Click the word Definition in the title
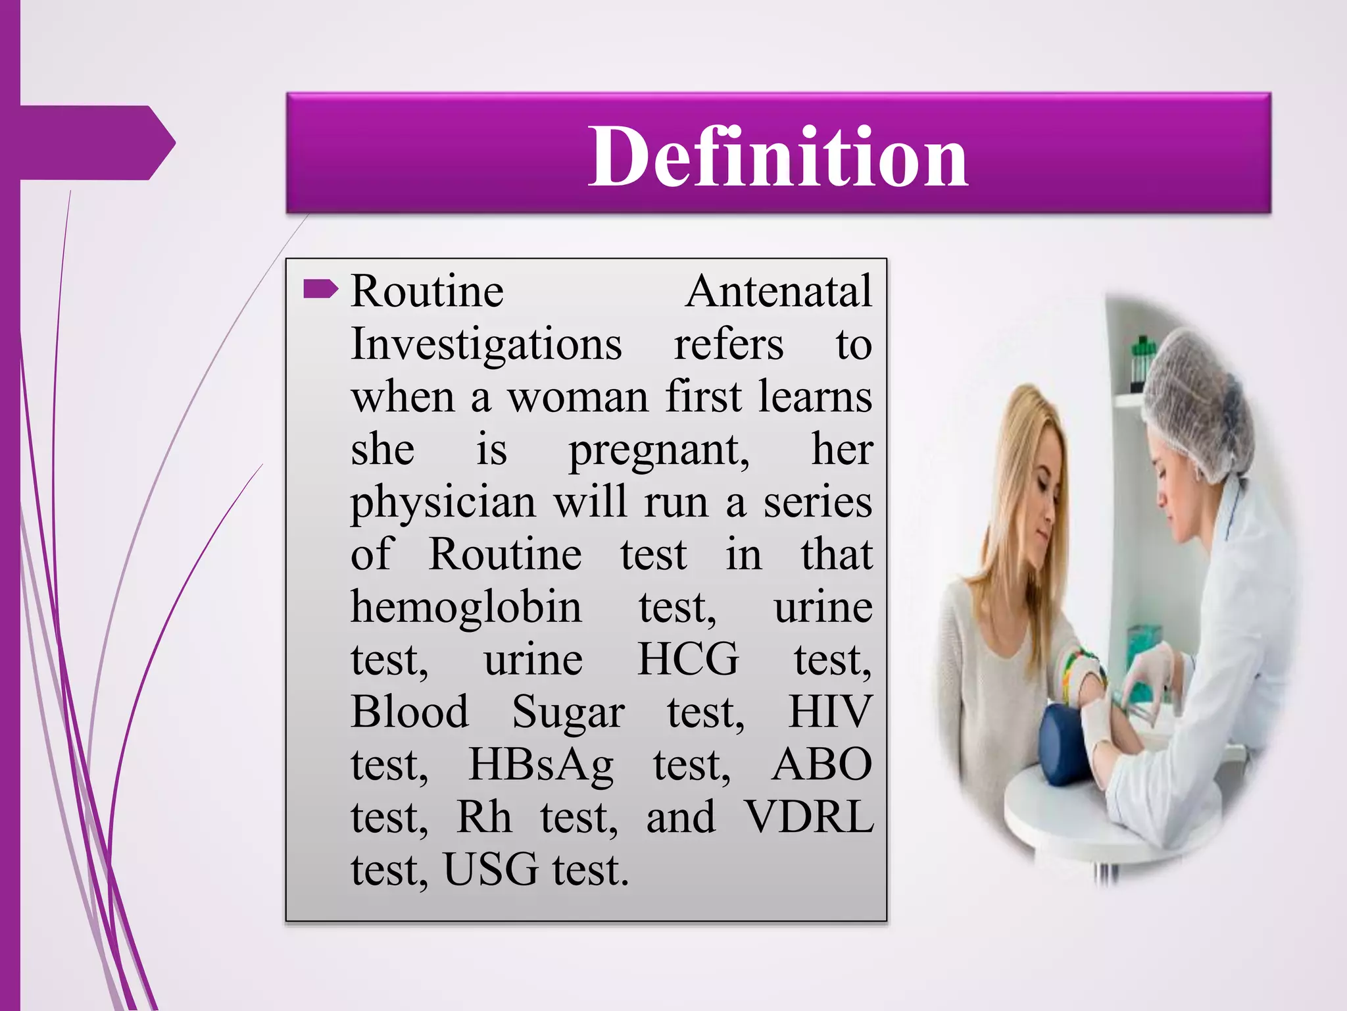click(x=777, y=157)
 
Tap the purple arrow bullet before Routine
click(x=320, y=289)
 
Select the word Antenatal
click(x=779, y=291)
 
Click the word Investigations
click(x=486, y=345)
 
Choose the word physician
click(x=443, y=503)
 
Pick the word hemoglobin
click(x=466, y=607)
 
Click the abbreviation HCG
click(x=688, y=660)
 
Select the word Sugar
click(x=568, y=713)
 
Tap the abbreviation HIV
click(x=830, y=712)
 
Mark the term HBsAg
click(x=541, y=765)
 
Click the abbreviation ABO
click(x=822, y=765)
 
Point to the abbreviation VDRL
click(x=809, y=817)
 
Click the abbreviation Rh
click(x=484, y=817)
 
